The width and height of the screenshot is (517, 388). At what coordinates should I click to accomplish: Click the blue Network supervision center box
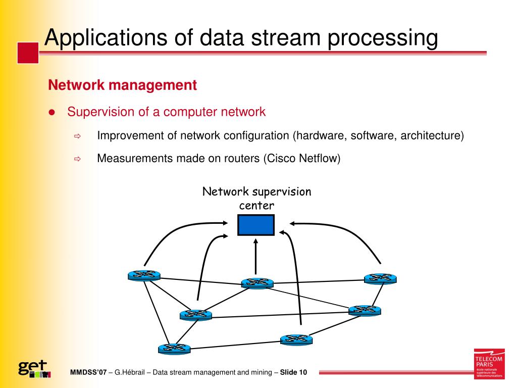[256, 225]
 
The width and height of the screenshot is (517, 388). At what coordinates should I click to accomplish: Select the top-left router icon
[144, 275]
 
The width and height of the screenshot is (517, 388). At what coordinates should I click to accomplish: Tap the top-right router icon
[380, 278]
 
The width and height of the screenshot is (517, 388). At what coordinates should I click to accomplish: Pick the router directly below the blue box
[257, 283]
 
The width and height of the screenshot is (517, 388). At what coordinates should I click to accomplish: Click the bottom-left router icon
[174, 348]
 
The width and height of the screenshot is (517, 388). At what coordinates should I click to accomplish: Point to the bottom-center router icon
[296, 339]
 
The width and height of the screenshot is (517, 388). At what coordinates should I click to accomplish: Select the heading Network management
[122, 85]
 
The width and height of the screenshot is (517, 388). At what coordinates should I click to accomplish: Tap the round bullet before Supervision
[51, 112]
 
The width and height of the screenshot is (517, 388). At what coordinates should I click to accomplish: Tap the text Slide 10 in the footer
[293, 373]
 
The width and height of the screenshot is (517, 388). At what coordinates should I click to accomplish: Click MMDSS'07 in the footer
[88, 373]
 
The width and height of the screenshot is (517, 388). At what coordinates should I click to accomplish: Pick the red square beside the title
[28, 53]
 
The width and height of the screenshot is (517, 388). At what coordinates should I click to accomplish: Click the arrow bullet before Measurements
[78, 159]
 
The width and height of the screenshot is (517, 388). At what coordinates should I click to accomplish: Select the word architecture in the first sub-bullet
[431, 135]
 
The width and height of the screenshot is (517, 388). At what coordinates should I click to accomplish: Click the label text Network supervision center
[256, 199]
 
